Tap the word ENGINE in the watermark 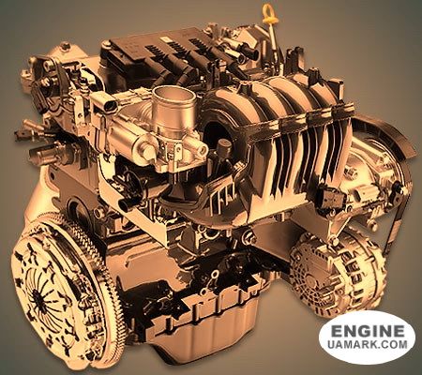(x=368, y=331)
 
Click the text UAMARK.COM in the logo (x=368, y=344)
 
